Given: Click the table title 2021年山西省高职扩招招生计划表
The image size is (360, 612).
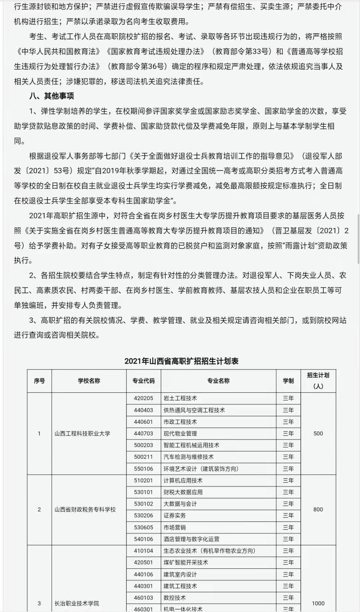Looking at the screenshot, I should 181,361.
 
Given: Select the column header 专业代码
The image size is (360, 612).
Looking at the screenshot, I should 143,381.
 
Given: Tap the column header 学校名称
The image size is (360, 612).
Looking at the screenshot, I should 89,381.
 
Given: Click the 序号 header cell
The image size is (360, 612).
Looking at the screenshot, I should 39,381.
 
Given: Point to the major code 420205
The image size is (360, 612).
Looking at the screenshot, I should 143,398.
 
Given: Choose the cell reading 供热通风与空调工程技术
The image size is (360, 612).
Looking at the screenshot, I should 194,410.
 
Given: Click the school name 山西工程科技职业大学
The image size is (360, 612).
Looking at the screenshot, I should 82,433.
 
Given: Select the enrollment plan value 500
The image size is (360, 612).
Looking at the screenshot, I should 318,433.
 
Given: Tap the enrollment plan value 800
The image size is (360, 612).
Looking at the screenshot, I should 318,509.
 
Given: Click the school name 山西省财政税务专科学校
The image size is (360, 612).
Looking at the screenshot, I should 85,509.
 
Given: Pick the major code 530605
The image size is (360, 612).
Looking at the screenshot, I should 143,527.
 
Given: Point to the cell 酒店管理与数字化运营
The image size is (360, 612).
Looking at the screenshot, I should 191,539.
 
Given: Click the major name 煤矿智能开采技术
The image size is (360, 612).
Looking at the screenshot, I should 186,562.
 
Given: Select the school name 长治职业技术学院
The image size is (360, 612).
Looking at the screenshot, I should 77,603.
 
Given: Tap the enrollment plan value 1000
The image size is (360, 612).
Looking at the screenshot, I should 318,603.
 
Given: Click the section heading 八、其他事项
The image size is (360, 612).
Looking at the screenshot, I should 51,96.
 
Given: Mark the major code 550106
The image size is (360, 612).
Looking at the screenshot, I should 143,469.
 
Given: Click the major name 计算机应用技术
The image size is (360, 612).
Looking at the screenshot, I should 183,480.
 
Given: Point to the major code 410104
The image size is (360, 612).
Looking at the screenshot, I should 143,551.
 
